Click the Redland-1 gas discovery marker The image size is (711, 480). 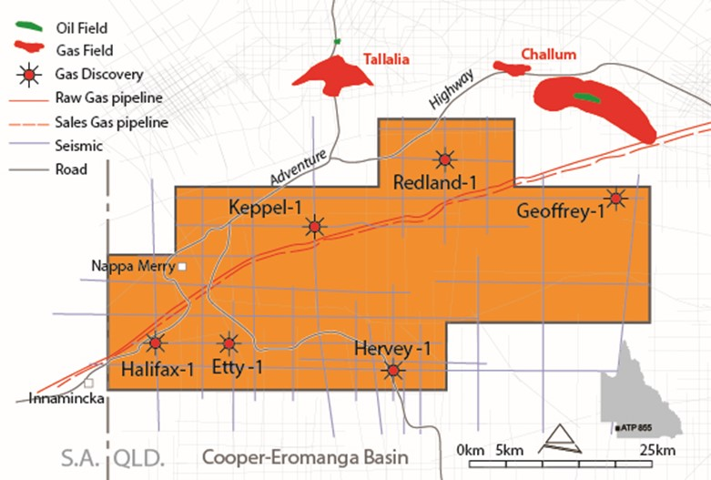coord(444,159)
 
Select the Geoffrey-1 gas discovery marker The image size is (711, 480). coord(616,199)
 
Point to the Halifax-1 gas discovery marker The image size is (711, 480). coord(156,343)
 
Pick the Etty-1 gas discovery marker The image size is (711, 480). coord(229,343)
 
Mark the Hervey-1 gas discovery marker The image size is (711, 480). coord(392,370)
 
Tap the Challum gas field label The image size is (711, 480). coord(549,55)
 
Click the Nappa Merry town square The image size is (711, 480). coord(182,266)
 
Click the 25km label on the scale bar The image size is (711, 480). coord(655,451)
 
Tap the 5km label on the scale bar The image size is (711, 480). coord(510,451)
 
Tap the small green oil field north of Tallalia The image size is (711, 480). coord(336,41)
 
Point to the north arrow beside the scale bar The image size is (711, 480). coord(558,440)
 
